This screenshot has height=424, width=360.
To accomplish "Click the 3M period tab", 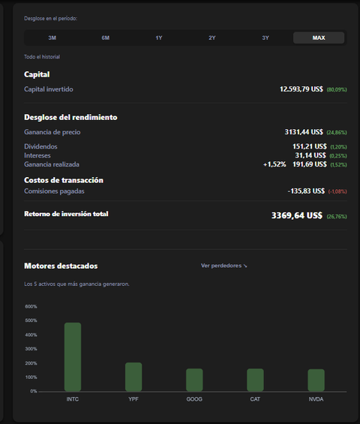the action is point(52,38).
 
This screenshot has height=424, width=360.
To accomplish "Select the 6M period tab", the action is point(106,38).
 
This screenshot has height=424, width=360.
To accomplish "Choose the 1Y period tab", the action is point(159,38).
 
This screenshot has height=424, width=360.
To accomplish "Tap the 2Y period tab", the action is point(212,38).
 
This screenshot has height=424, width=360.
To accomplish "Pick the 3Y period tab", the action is point(265,38).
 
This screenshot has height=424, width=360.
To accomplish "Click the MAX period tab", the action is point(319,38).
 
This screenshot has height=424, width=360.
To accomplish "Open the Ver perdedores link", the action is point(223,266).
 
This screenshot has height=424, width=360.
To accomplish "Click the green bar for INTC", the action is point(73,357).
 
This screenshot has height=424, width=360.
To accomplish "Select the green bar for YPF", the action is point(133,377).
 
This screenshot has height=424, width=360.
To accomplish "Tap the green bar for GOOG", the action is point(194,380).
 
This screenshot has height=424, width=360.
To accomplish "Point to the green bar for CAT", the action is point(255,380).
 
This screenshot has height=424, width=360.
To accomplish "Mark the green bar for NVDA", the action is point(316,380).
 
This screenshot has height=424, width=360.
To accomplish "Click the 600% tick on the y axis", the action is point(31,306).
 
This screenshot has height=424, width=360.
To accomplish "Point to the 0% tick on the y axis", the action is point(34,391).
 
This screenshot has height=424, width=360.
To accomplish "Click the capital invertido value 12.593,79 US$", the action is point(301,89).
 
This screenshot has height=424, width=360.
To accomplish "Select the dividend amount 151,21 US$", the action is point(310,146).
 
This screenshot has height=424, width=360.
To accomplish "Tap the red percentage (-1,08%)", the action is point(337,191).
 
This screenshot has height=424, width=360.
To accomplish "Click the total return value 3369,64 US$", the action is point(297,215).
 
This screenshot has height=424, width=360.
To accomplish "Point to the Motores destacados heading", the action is point(61,266).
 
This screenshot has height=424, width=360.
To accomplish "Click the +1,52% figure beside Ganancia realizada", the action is point(274,164).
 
